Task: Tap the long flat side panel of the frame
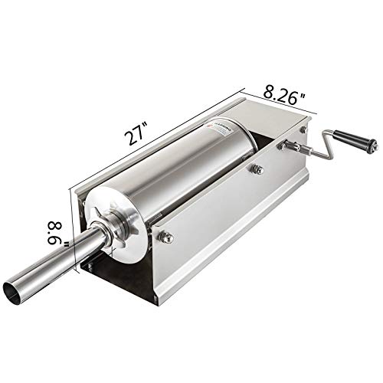(230, 222)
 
